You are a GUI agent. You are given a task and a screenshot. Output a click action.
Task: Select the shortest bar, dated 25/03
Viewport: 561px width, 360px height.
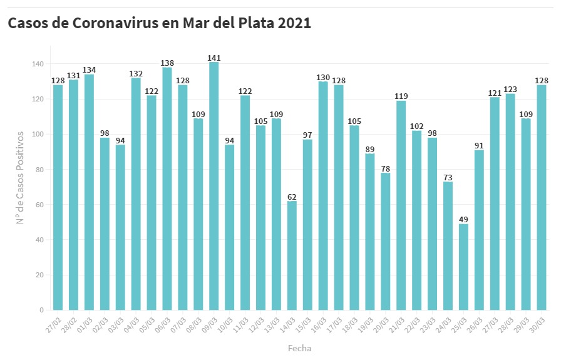pyautogui.click(x=463, y=267)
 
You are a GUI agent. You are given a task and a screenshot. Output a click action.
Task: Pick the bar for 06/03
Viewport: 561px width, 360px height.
pyautogui.click(x=167, y=188)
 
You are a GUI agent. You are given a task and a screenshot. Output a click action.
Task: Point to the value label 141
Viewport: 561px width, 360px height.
pyautogui.click(x=214, y=58)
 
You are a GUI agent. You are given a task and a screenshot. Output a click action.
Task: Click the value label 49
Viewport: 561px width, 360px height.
pyautogui.click(x=463, y=219)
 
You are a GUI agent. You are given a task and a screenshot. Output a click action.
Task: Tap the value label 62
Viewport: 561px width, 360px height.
pyautogui.click(x=292, y=197)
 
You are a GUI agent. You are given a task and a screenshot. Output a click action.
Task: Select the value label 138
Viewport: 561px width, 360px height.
pyautogui.click(x=167, y=63)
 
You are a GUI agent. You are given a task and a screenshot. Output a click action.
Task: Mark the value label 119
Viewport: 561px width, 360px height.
pyautogui.click(x=401, y=96)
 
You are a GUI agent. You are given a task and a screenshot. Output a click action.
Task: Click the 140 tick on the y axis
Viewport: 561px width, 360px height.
pyautogui.click(x=38, y=64)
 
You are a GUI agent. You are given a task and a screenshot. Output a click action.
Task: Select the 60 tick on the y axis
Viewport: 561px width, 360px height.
pyautogui.click(x=40, y=205)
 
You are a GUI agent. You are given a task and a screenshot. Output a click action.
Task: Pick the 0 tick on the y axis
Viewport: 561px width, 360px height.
pyautogui.click(x=42, y=310)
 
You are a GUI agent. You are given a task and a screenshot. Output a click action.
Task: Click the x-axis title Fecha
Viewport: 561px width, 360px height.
pyautogui.click(x=299, y=348)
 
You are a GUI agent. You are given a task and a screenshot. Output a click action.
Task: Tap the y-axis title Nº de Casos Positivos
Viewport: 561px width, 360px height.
pyautogui.click(x=20, y=177)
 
